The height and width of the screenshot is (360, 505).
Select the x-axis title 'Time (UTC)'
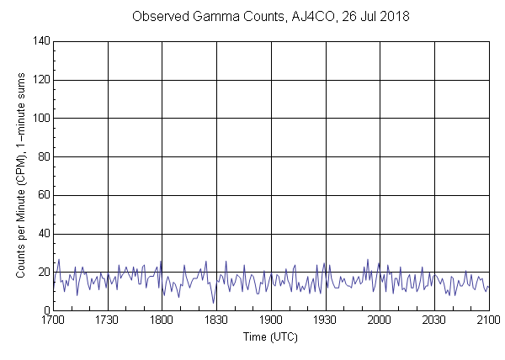coord(271,336)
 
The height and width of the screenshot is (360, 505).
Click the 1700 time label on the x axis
coord(53,320)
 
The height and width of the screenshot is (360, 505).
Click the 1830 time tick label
coord(216,320)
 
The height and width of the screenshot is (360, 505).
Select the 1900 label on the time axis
coord(271,320)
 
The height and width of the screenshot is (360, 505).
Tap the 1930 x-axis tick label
coord(325,320)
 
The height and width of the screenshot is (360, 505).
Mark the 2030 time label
coord(433,320)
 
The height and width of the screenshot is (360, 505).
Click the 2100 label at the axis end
coord(488,320)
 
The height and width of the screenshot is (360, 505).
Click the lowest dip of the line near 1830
coord(213,303)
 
